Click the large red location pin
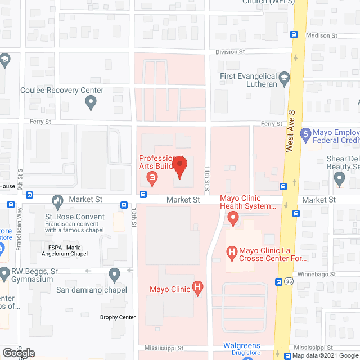coord(179,167)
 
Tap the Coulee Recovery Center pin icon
coord(90,103)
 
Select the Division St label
coord(231,52)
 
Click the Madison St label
coord(321,35)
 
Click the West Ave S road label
coord(290,137)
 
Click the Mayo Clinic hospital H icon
coord(197,289)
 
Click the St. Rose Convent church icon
coord(57,201)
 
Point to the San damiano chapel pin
coord(115,276)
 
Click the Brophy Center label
coord(118,317)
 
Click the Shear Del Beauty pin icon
coord(339,179)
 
